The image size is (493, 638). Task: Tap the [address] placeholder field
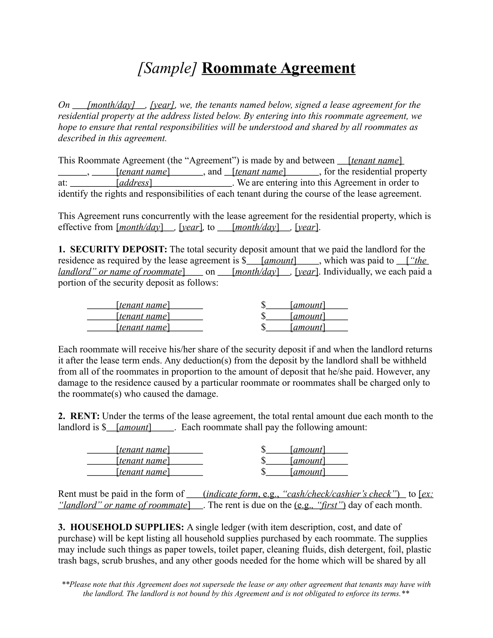(134, 183)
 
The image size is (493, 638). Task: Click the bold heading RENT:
(85, 416)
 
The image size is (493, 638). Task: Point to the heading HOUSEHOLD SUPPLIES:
(127, 527)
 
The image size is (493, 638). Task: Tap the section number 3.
(61, 527)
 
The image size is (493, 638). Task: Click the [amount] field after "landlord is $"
(133, 427)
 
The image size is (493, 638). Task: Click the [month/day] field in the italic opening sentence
(111, 105)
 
